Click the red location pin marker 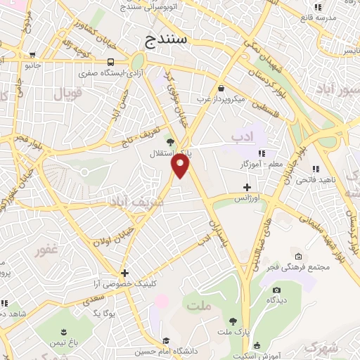(x=181, y=166)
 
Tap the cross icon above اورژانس (x=247, y=187)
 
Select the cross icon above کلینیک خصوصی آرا (x=124, y=273)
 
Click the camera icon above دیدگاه (x=276, y=290)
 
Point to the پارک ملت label (x=238, y=330)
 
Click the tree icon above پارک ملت (x=233, y=320)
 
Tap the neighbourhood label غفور (x=46, y=250)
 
